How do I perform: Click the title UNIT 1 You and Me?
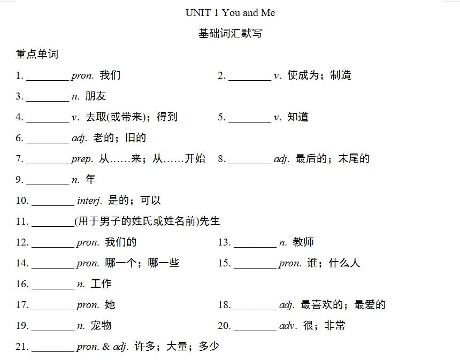click(230, 12)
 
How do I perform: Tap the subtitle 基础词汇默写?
click(230, 34)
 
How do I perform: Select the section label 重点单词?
click(37, 54)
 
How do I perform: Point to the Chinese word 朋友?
click(96, 96)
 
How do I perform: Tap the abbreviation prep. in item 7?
click(82, 159)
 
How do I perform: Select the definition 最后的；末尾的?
click(332, 159)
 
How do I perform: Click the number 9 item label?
click(19, 180)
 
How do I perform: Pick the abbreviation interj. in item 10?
click(89, 201)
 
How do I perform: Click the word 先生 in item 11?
click(210, 221)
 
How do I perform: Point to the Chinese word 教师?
click(303, 242)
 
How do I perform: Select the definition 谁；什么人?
click(334, 263)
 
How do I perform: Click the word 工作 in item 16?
click(101, 284)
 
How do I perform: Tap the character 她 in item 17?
click(110, 305)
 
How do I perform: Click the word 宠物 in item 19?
click(101, 326)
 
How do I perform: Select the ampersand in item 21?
click(106, 347)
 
